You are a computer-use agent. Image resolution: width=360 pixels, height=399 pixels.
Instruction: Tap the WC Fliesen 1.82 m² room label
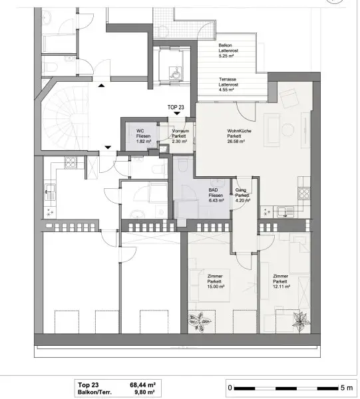tap(143, 136)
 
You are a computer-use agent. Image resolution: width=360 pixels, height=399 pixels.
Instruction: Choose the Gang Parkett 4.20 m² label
tap(242, 195)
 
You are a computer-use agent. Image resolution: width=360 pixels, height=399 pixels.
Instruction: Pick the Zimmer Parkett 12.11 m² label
tap(280, 281)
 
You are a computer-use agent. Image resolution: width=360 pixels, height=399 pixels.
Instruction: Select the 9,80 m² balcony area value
tap(144, 392)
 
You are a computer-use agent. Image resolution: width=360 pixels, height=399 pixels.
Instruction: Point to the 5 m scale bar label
tap(346, 387)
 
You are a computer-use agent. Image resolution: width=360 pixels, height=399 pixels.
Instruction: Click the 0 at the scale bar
tap(230, 387)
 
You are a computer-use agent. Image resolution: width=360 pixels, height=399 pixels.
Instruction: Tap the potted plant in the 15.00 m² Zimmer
tap(200, 319)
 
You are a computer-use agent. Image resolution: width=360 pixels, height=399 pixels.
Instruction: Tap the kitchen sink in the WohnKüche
tap(286, 212)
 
